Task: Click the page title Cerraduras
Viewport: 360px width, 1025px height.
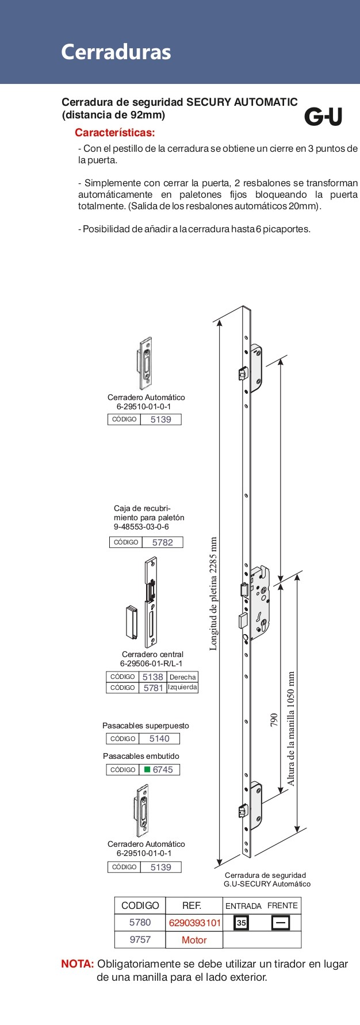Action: [x=116, y=52]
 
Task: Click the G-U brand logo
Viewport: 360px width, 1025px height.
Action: [x=323, y=117]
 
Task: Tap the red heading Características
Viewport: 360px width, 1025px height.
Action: [x=115, y=133]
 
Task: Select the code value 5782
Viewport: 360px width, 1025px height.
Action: [x=162, y=542]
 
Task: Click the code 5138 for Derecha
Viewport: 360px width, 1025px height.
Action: [x=153, y=677]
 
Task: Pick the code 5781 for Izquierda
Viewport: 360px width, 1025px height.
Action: [x=153, y=688]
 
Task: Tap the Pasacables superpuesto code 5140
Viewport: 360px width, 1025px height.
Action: [x=159, y=739]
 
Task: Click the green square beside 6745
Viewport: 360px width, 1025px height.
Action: [x=147, y=770]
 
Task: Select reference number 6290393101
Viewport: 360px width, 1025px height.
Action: [x=194, y=923]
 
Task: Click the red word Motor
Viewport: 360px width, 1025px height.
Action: [x=194, y=940]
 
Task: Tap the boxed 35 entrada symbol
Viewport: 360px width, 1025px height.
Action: [x=242, y=923]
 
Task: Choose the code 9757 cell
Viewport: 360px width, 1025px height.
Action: [x=140, y=939]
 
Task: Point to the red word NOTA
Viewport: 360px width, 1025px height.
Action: [x=77, y=963]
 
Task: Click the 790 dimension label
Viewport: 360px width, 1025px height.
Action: [x=274, y=720]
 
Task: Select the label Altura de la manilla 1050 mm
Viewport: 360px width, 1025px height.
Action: [x=291, y=728]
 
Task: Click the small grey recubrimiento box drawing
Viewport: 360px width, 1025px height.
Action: [x=131, y=622]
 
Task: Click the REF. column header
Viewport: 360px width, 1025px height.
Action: [x=192, y=905]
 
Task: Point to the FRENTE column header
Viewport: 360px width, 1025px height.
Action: [x=282, y=905]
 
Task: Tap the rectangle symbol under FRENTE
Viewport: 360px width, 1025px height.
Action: [x=281, y=923]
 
